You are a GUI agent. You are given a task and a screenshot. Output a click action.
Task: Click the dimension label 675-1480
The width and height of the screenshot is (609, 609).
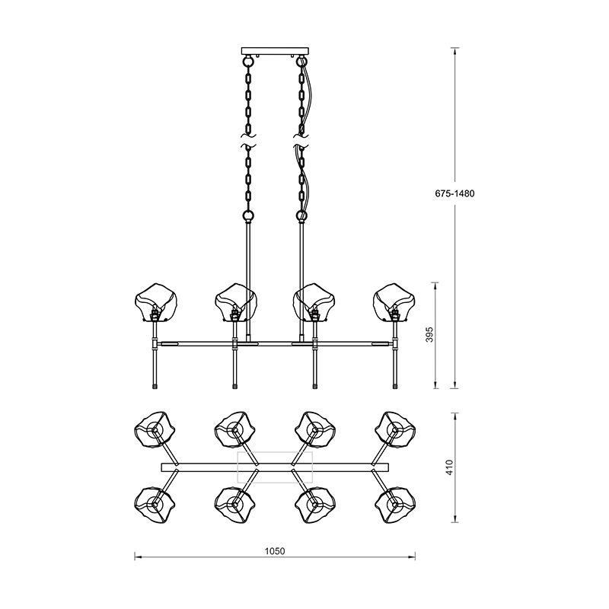click(454, 193)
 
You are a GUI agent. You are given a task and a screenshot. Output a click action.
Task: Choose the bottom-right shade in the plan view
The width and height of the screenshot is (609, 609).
click(395, 504)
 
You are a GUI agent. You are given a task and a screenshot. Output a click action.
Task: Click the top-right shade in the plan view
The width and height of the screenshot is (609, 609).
click(395, 431)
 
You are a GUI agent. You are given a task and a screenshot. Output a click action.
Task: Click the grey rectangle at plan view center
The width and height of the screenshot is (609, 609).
click(276, 466)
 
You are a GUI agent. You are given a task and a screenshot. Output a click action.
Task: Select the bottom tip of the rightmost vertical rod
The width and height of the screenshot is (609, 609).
click(395, 386)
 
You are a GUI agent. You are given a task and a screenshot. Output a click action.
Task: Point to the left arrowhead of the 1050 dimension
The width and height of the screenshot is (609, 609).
click(138, 557)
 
